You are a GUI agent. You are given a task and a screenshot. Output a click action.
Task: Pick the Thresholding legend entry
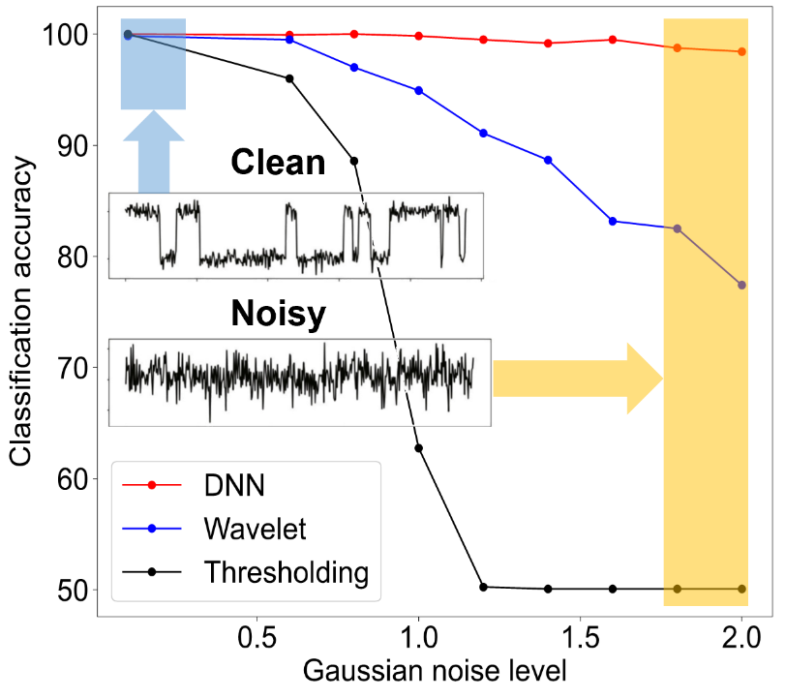286,572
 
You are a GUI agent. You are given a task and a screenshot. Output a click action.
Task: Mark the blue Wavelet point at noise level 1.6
613,221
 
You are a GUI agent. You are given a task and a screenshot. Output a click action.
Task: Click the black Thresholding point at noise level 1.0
419,447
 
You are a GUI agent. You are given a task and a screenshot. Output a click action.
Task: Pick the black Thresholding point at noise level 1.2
484,587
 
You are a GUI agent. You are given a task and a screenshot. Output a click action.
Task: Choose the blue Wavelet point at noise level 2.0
741,285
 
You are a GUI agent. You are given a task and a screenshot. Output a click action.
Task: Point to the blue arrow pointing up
153,150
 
